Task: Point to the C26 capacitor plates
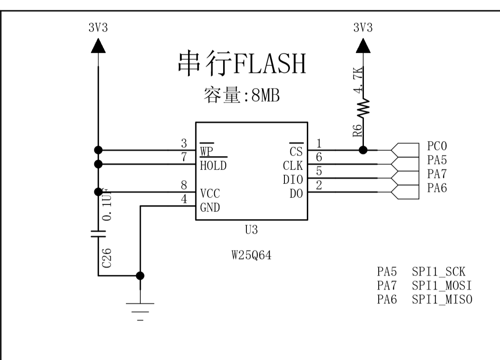(98, 234)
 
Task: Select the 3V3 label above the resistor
(363, 28)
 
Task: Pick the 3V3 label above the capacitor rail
(98, 28)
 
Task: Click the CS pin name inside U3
(296, 151)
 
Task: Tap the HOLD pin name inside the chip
(213, 165)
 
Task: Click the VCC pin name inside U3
(210, 194)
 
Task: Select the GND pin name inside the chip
(210, 208)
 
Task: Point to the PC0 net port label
(437, 146)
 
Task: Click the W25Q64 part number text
(251, 256)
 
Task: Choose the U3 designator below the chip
(251, 230)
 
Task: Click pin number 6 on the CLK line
(319, 157)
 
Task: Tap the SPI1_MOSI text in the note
(442, 285)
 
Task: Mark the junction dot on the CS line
(362, 150)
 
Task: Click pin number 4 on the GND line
(184, 200)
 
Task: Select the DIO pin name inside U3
(293, 180)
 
